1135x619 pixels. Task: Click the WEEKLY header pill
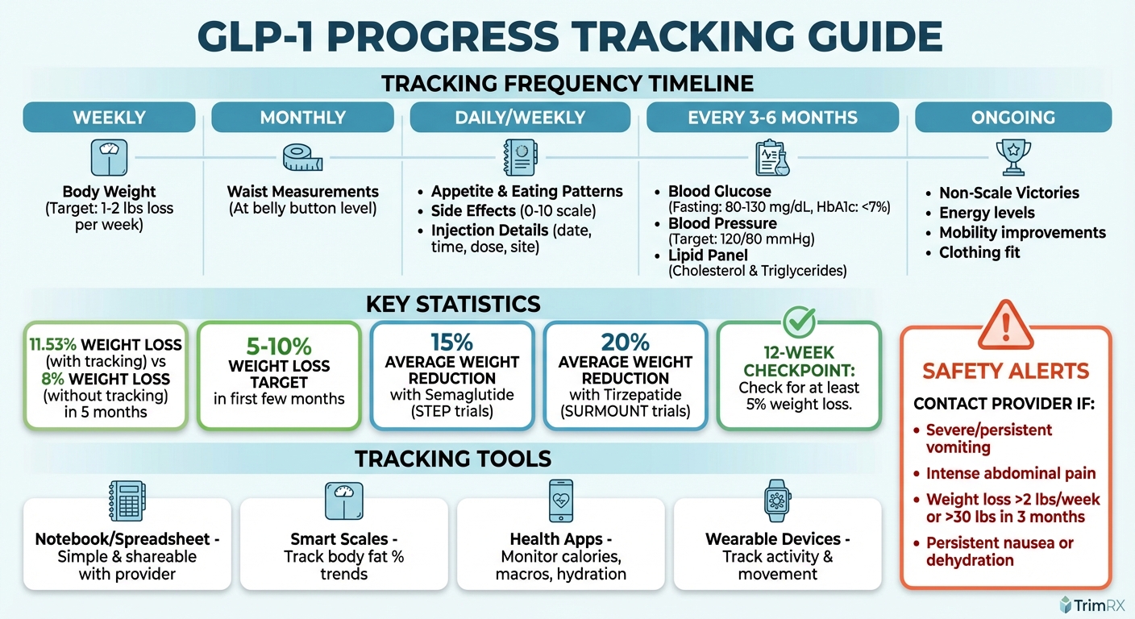pyautogui.click(x=109, y=118)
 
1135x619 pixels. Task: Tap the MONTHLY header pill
pyautogui.click(x=301, y=118)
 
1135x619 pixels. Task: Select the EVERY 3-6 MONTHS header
pyautogui.click(x=772, y=118)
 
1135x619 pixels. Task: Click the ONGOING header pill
pyautogui.click(x=1012, y=118)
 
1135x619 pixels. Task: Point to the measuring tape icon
pyautogui.click(x=302, y=158)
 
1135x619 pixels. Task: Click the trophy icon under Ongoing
pyautogui.click(x=1013, y=156)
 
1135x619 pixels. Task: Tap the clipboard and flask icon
pyautogui.click(x=771, y=158)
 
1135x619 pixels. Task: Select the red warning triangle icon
pyautogui.click(x=1004, y=324)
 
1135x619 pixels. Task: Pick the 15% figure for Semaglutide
pyautogui.click(x=451, y=342)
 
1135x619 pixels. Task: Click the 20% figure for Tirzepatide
pyautogui.click(x=625, y=342)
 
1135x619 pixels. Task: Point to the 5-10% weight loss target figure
pyautogui.click(x=278, y=347)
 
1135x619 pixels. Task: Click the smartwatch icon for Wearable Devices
pyautogui.click(x=777, y=501)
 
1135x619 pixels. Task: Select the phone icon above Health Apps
pyautogui.click(x=560, y=501)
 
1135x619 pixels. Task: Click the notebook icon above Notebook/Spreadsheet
pyautogui.click(x=126, y=501)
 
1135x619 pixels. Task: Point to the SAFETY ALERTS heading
pyautogui.click(x=1005, y=372)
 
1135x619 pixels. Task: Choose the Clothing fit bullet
pyautogui.click(x=979, y=252)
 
